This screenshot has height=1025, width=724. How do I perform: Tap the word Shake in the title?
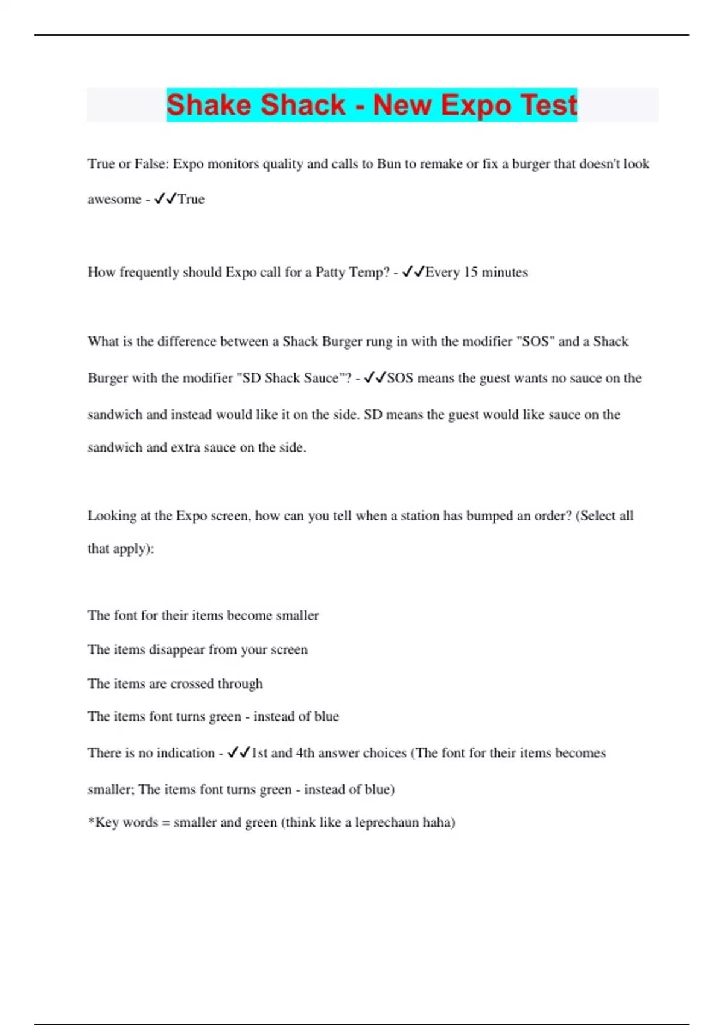[208, 105]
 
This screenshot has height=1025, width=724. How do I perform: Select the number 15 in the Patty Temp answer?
[471, 272]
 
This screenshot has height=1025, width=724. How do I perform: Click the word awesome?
[114, 200]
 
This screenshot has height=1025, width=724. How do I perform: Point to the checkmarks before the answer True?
[165, 198]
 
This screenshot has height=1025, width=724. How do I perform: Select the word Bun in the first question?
[388, 164]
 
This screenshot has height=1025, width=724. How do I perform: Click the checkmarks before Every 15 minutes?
[413, 272]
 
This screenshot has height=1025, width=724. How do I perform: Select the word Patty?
[330, 272]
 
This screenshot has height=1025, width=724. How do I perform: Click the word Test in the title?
[549, 106]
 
